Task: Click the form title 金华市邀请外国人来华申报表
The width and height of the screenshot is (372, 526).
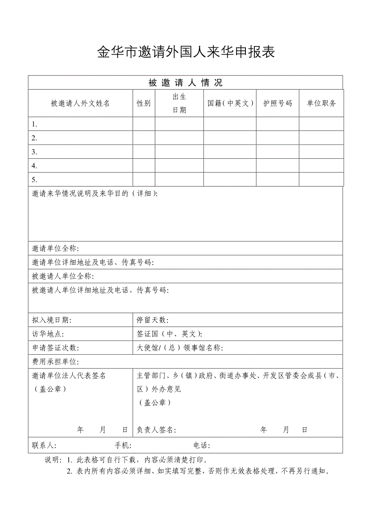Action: [x=186, y=52]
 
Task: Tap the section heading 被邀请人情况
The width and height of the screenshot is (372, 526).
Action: [x=186, y=83]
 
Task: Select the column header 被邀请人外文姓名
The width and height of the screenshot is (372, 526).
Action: [x=80, y=103]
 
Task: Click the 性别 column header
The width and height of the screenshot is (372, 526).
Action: [x=144, y=103]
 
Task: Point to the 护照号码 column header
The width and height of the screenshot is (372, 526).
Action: [x=277, y=103]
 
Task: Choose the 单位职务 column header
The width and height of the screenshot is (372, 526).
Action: [x=321, y=103]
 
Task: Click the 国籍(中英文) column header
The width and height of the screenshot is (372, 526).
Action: [x=230, y=103]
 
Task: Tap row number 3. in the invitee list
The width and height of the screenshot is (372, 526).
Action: [x=35, y=152]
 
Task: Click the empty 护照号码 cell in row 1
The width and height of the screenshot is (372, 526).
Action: [x=277, y=124]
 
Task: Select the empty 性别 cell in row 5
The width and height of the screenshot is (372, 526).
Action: [x=144, y=179]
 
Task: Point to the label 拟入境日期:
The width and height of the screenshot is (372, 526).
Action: [x=51, y=320]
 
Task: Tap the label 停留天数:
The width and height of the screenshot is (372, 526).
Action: [x=152, y=320]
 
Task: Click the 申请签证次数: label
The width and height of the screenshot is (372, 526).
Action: [x=55, y=348]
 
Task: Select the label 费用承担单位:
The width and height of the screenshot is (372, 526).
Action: [x=55, y=362]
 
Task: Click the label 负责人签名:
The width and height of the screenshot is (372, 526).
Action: [x=156, y=430]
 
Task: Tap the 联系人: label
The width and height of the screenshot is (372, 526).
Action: [x=44, y=445]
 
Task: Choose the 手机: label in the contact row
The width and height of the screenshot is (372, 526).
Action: [x=123, y=445]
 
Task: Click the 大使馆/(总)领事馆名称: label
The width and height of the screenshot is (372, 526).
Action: [x=180, y=348]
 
